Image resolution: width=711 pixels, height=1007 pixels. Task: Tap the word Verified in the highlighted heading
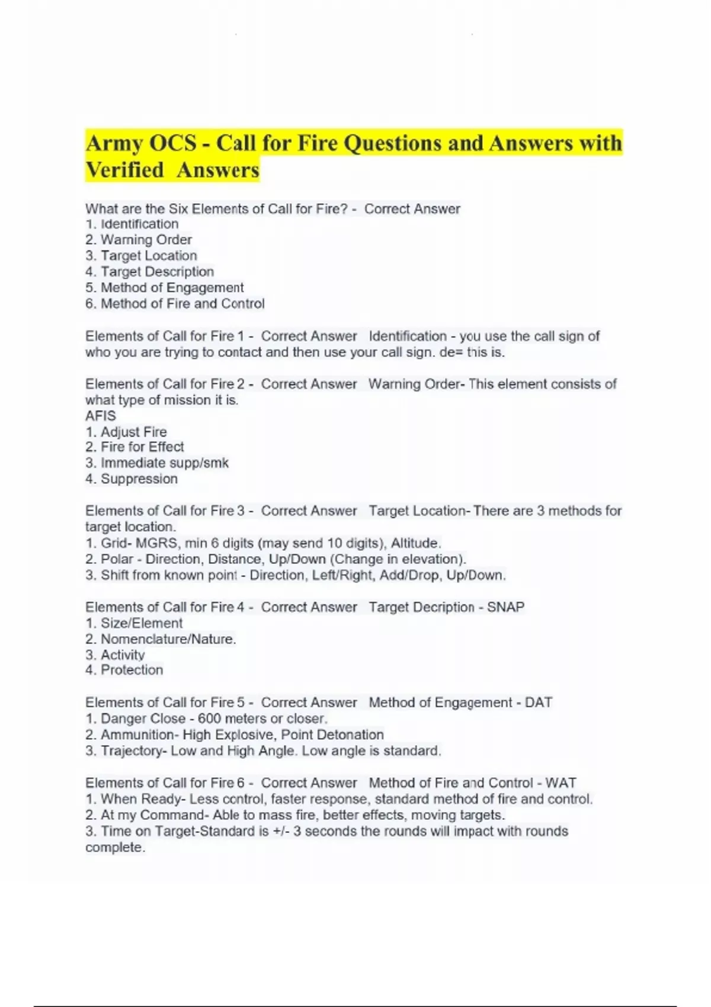click(x=124, y=171)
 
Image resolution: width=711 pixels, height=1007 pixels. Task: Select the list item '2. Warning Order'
click(x=139, y=240)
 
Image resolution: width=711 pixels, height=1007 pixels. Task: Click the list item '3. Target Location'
click(x=141, y=256)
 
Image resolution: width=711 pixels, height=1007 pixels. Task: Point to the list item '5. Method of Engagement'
click(x=164, y=288)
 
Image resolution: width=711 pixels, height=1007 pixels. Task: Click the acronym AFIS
click(x=101, y=416)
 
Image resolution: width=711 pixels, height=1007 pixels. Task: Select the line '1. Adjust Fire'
click(x=126, y=432)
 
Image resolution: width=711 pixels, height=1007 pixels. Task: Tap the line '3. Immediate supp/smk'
click(x=157, y=463)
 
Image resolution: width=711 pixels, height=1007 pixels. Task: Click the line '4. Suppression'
click(x=132, y=479)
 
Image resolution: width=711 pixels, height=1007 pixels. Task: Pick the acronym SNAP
click(x=505, y=607)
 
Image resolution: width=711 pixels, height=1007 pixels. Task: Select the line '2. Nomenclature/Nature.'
click(x=161, y=639)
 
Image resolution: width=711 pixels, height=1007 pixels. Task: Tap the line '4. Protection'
click(x=124, y=670)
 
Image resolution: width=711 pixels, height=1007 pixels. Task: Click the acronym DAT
click(x=538, y=703)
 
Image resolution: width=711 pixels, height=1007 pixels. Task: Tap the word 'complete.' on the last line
click(x=115, y=848)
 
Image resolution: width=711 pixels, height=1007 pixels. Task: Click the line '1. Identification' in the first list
click(x=132, y=225)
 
